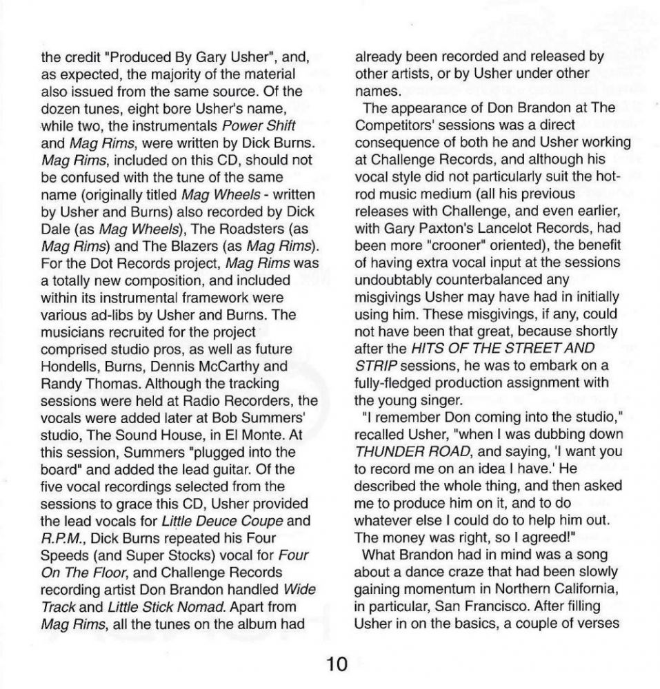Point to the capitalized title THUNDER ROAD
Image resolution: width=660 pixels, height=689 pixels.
tap(403, 451)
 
